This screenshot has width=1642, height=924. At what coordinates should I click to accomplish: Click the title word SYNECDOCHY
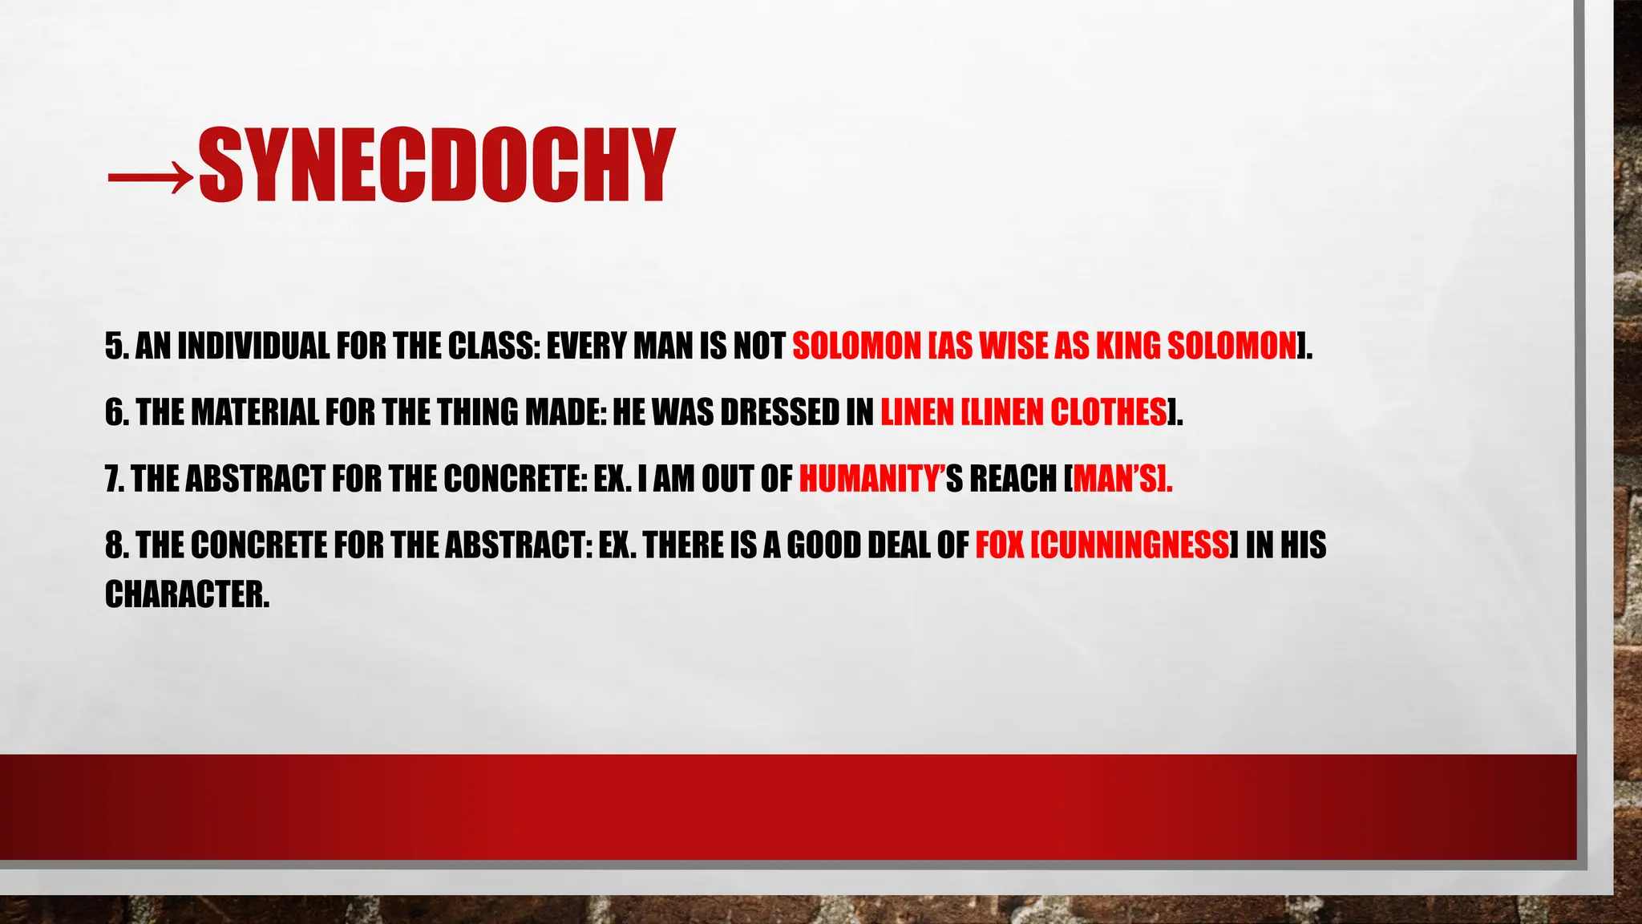(436, 165)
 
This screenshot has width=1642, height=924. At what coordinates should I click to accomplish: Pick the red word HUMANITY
(869, 480)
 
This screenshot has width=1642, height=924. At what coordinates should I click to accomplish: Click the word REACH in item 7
(1013, 480)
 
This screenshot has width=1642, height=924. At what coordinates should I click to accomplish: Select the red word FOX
(1000, 546)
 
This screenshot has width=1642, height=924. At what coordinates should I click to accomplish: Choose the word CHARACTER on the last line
(186, 595)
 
